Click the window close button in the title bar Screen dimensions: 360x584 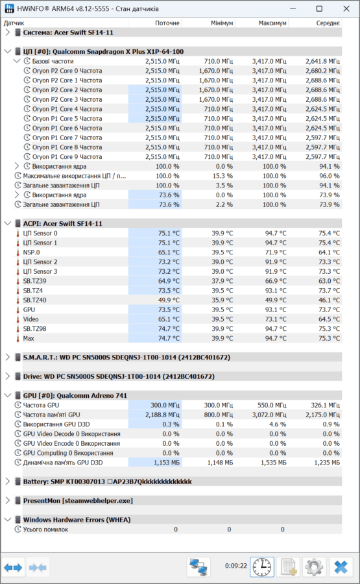(346, 8)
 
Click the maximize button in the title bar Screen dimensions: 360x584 (319, 8)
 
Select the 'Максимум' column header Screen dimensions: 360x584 (272, 23)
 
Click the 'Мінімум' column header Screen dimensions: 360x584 (222, 23)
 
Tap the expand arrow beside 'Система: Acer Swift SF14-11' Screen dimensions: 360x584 (8, 32)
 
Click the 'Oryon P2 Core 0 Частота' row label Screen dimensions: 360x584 (67, 71)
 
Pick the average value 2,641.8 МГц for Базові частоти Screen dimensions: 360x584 (323, 61)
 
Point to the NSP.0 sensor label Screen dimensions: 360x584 (31, 252)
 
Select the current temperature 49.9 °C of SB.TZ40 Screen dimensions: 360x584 (169, 300)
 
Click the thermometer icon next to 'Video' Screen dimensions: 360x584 (18, 319)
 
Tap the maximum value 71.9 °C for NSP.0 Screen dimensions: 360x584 (276, 252)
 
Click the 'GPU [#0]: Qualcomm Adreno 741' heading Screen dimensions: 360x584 (75, 396)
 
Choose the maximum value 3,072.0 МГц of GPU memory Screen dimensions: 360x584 (269, 415)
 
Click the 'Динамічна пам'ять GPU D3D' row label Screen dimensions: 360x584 (63, 463)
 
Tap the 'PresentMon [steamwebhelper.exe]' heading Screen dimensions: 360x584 (78, 500)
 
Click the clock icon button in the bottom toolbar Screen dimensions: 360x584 (262, 567)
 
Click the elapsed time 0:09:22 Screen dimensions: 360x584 (236, 566)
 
